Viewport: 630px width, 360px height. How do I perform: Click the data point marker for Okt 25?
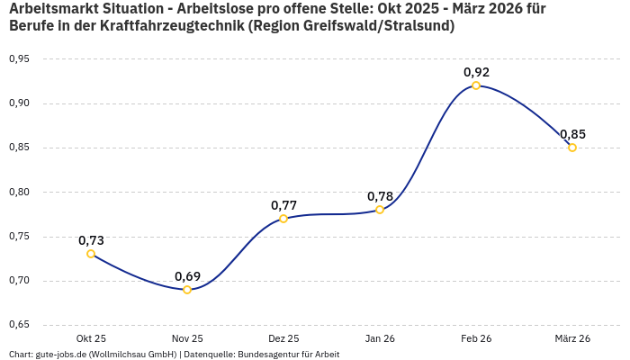[x=91, y=254]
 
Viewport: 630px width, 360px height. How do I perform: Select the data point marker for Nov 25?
[x=187, y=290]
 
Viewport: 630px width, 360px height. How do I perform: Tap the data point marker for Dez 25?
[x=283, y=219]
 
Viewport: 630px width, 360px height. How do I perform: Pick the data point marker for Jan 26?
[x=380, y=210]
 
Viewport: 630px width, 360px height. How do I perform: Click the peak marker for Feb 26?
[x=476, y=85]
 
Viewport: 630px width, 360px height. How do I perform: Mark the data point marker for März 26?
[x=572, y=148]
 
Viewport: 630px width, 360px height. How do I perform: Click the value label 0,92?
[x=476, y=72]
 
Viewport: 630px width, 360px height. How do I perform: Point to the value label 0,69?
[x=187, y=276]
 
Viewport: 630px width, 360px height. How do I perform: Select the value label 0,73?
[x=91, y=240]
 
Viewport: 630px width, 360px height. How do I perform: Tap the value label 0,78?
[x=380, y=196]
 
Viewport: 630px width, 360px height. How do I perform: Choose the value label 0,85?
[x=572, y=134]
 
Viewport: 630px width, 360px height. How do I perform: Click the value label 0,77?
[x=283, y=205]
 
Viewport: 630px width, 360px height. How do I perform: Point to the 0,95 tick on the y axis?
[x=19, y=58]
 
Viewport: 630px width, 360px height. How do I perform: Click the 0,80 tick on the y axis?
[x=19, y=192]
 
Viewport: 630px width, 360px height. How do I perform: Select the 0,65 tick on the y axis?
[x=19, y=325]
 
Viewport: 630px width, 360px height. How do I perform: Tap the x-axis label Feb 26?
[x=476, y=338]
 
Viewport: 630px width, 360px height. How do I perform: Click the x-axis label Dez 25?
[x=283, y=338]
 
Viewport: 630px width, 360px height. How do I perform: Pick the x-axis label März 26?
[x=572, y=338]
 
